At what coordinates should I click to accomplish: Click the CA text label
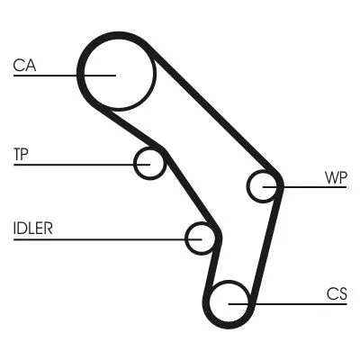[x=23, y=65]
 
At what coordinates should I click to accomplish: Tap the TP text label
[x=22, y=153]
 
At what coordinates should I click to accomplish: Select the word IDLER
[x=33, y=227]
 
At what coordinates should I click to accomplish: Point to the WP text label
[x=336, y=177]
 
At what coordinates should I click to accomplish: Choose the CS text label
[x=337, y=293]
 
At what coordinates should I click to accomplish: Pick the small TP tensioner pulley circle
[x=150, y=164]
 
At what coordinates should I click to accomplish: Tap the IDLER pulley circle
[x=202, y=238]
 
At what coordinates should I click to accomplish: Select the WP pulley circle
[x=264, y=186]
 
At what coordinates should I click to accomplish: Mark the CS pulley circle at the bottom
[x=230, y=302]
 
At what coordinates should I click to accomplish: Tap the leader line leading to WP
[x=310, y=186]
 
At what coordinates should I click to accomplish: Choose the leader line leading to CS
[x=297, y=303]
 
